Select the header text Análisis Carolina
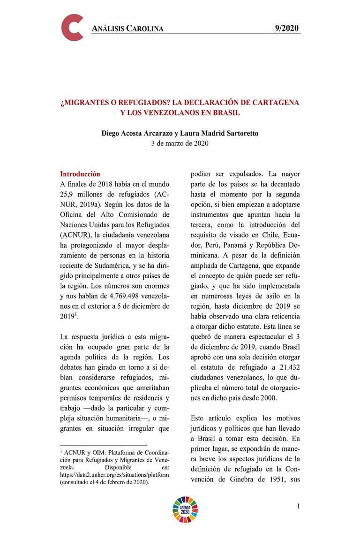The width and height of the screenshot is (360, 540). point(127,29)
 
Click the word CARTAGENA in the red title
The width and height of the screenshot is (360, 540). point(273,102)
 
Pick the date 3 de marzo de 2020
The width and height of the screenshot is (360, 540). point(180,143)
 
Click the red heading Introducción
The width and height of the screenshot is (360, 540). point(80,174)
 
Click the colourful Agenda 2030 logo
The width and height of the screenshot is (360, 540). point(186,509)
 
